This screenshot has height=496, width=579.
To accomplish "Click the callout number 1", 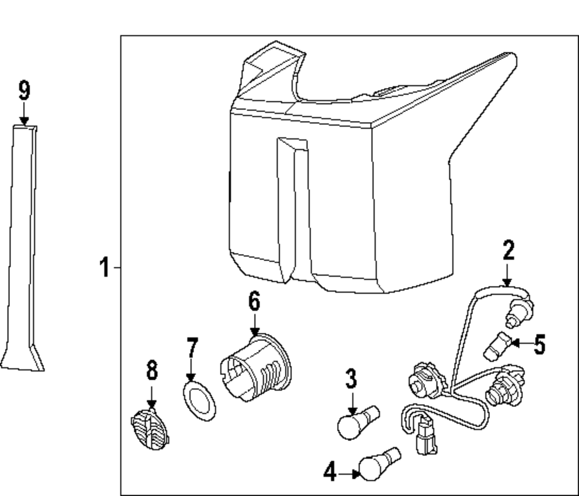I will point(104,268).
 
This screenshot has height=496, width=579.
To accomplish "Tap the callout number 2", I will point(508,251).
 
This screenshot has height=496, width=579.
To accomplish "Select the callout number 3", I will point(351,380).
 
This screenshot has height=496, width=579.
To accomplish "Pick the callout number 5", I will point(540,345).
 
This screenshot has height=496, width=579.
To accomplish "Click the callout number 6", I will point(254,302).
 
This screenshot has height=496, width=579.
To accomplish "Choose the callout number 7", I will point(192,349).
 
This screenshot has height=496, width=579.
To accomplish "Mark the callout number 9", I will point(24,91).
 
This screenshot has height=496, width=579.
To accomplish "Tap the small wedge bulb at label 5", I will point(495,344).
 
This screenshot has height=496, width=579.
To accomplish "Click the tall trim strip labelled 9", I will point(23,249).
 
